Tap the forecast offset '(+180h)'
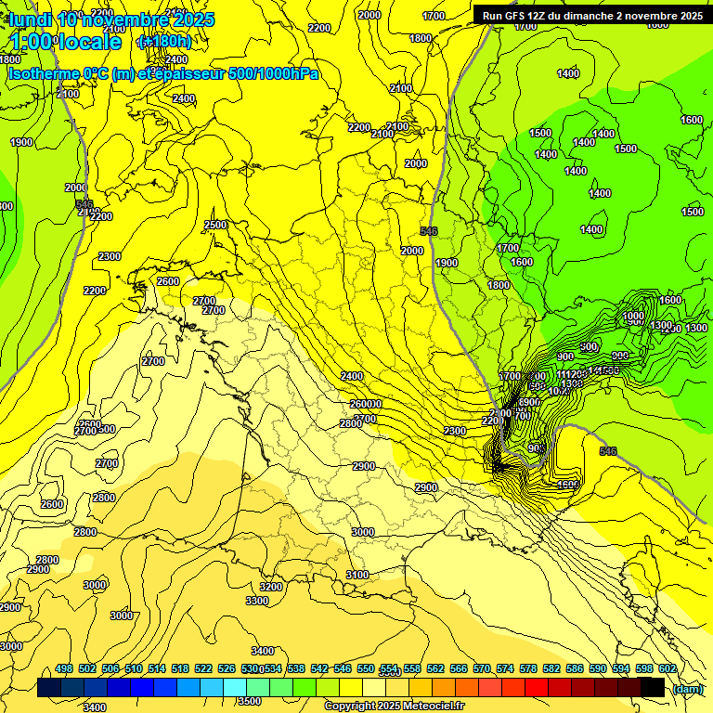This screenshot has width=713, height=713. click(163, 42)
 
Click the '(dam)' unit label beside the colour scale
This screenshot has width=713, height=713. click(687, 688)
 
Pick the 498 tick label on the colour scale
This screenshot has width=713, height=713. click(64, 668)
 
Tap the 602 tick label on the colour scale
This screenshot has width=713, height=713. click(667, 668)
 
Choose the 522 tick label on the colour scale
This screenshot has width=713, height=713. click(203, 668)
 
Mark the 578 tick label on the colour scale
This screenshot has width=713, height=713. click(528, 668)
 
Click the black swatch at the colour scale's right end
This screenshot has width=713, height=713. click(653, 687)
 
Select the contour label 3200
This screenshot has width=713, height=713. click(271, 587)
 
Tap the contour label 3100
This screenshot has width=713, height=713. click(357, 576)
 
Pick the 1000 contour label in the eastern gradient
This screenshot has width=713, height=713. click(633, 317)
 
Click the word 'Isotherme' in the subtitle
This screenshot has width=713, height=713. click(45, 73)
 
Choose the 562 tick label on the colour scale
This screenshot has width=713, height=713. click(435, 668)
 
